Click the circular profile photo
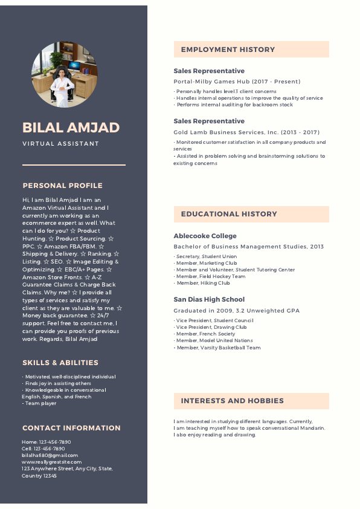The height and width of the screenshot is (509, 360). (64, 75)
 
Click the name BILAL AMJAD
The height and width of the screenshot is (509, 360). (71, 128)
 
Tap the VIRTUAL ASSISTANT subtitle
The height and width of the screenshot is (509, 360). (60, 144)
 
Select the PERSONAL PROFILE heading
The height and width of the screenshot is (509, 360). (62, 186)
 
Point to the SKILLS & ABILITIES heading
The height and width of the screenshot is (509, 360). (60, 363)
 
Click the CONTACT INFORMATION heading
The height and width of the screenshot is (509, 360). (71, 428)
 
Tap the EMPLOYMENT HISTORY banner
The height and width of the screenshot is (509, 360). (251, 50)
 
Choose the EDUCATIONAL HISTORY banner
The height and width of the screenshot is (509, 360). (251, 214)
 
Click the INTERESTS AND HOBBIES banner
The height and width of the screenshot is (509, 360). (251, 401)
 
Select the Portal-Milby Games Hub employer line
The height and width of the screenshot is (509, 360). (237, 82)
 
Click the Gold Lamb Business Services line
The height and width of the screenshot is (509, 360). (246, 132)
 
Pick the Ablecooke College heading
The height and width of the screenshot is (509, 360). (205, 236)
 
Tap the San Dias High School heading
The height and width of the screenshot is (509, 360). (209, 299)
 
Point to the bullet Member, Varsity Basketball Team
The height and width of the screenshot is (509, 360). (218, 348)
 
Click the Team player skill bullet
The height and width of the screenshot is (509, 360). (40, 403)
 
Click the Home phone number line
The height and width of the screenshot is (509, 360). (47, 442)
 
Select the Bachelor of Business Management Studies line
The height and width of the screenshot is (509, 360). (248, 247)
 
